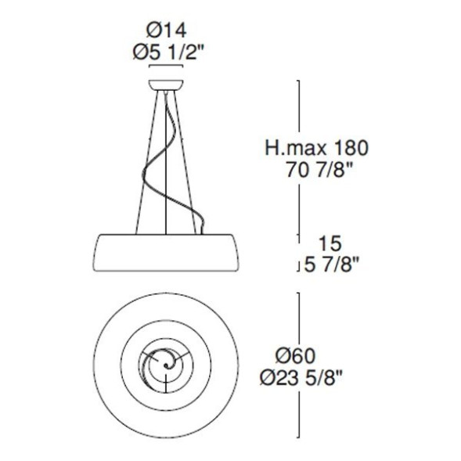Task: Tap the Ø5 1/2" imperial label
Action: click(x=166, y=52)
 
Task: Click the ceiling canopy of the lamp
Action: click(x=166, y=82)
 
